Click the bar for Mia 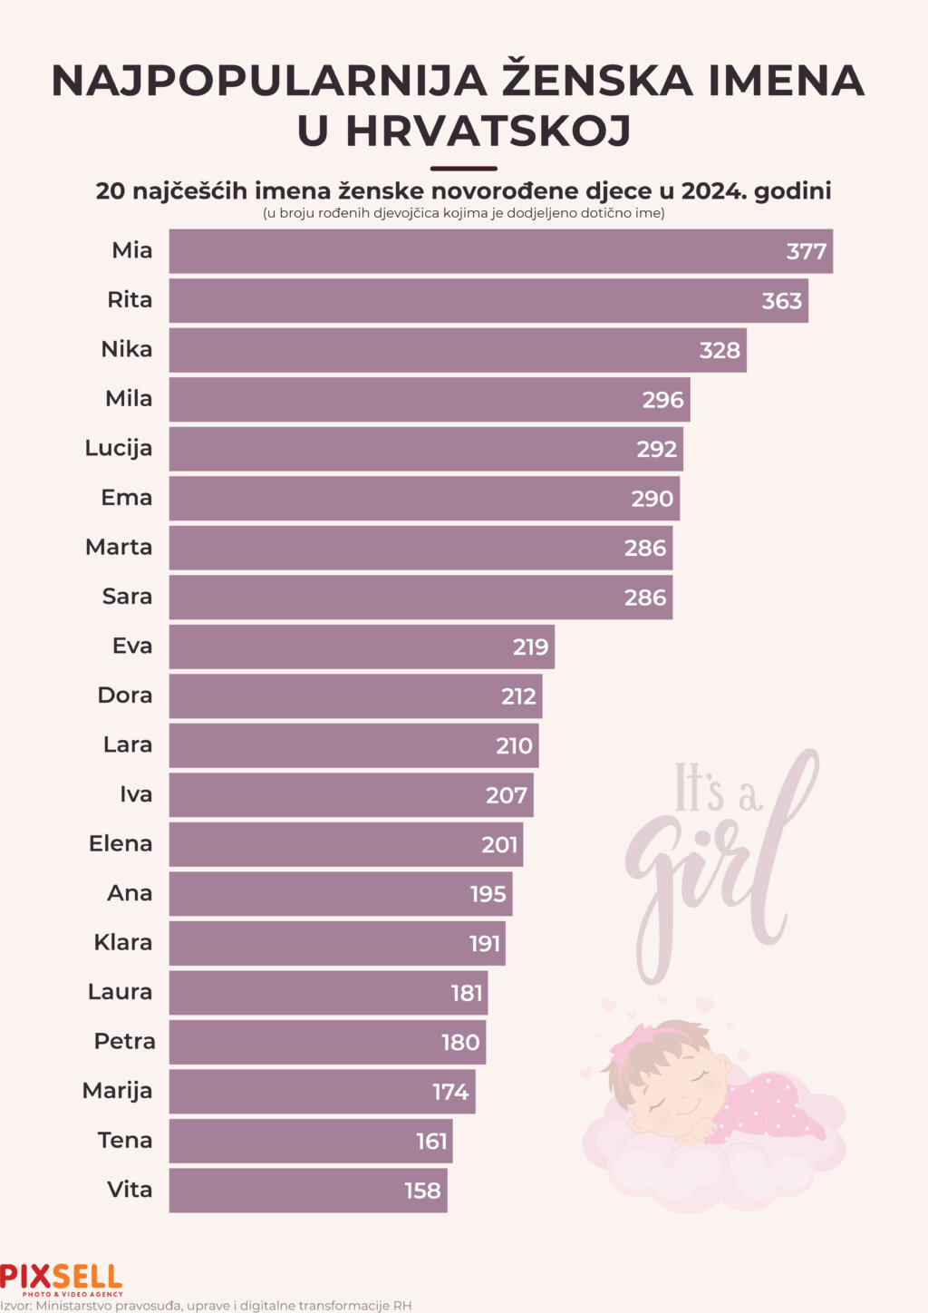500,251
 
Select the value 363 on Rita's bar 782,301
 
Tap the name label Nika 127,349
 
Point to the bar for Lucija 426,449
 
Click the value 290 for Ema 652,499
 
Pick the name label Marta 119,547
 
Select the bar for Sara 420,598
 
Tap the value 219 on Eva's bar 530,647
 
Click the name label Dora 125,695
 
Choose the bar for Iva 351,795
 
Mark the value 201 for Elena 499,845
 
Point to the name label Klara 123,942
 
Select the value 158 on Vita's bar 422,1191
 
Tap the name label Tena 125,1140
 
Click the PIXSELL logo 61,1278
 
